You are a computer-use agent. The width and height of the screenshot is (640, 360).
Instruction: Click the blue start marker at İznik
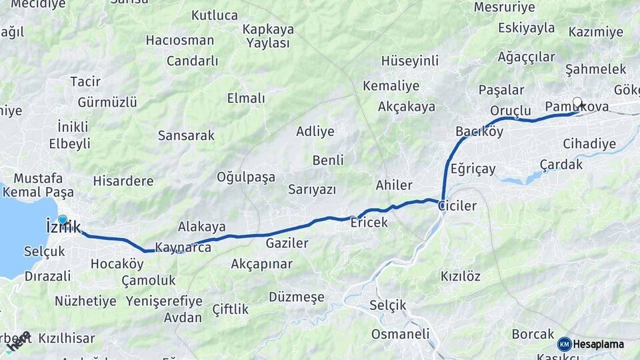coord(63,219)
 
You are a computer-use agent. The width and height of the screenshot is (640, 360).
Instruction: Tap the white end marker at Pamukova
coord(577,103)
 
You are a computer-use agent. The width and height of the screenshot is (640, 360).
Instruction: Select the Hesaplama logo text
coord(598,344)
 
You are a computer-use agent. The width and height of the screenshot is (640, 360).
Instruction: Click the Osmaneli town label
coord(399,333)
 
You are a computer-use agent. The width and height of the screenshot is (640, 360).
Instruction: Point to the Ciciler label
coord(457,206)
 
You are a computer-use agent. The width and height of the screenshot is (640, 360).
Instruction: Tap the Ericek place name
coord(369,223)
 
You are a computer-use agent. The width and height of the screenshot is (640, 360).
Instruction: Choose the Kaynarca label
coord(183,248)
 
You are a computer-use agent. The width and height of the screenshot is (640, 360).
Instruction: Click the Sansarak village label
coord(186,135)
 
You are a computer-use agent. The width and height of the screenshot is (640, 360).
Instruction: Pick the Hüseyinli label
coord(409,61)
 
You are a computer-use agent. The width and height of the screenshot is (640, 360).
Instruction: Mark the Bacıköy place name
coord(479,131)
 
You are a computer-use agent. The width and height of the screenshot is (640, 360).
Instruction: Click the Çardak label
coord(561,164)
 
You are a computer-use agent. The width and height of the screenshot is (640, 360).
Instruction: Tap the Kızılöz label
coord(460,276)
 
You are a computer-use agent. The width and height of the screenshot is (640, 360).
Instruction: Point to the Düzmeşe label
coord(296,297)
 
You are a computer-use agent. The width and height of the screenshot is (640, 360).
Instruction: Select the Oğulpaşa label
coord(245,177)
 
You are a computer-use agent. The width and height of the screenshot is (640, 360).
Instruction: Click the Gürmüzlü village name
coord(107,102)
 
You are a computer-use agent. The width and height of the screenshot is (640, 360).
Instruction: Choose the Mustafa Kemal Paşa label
coord(38,185)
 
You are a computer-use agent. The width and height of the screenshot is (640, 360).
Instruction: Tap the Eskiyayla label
coord(526,28)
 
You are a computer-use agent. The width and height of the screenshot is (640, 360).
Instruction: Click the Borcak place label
coord(533,334)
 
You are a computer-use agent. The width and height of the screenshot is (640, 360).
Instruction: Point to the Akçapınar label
coord(261,264)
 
